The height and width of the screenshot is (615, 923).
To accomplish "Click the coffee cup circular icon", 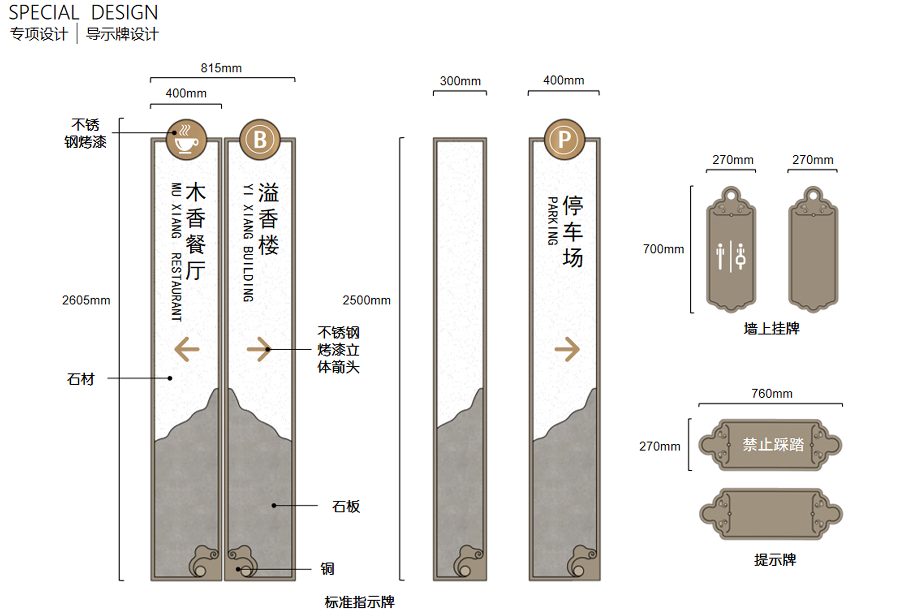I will coord(186,140).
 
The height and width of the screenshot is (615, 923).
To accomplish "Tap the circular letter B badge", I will coord(259,140).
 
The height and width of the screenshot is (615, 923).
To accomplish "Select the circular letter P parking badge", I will coord(564,140).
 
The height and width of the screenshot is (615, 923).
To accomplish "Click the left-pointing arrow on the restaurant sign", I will coord(187,349).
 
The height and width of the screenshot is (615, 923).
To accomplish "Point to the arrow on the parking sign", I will coord(567,349).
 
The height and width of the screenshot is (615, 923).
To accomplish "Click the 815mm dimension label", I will coord(221,68).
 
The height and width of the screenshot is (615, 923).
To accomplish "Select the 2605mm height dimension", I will coord(86,300).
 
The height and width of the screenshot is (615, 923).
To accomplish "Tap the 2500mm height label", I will coord(366,300).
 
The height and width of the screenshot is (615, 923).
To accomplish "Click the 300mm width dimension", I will coord(460,81).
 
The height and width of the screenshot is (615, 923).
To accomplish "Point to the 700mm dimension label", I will coord(663,249).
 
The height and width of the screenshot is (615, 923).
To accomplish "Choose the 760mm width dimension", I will coord(771,393).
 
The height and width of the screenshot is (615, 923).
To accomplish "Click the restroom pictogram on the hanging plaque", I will coord(731,256).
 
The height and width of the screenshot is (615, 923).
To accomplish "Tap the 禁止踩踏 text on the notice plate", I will coord(773,445).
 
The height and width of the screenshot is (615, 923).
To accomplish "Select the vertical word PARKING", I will coord(552,221).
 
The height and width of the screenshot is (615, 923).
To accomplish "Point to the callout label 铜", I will coord(327,569).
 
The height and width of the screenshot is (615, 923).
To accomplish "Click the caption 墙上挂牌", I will coord(771,328).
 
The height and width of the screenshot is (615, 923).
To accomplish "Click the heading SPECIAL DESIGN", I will coord(83,13).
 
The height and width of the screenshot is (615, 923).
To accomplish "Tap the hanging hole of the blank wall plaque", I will coord(813,195).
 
